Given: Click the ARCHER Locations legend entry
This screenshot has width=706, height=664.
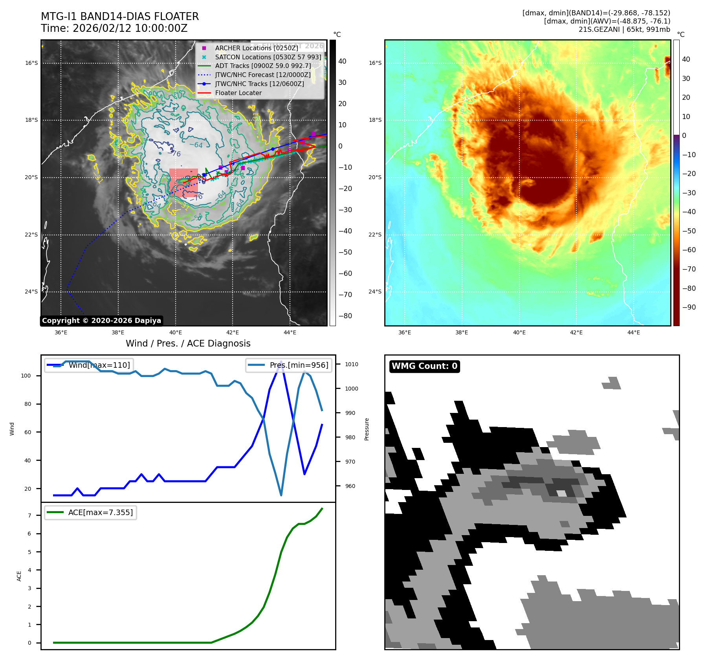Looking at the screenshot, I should pos(256,48).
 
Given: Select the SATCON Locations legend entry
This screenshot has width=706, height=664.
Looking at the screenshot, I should pos(268,57).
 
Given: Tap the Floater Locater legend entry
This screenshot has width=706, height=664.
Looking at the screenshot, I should pos(238,93).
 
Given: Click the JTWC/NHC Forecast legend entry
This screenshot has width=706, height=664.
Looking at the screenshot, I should pos(262,75).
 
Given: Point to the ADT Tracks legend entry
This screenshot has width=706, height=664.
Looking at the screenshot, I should pos(263,66).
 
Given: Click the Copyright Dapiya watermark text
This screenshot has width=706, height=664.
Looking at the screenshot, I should pos(101,321).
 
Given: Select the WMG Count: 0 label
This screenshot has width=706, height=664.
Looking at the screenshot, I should pos(424,366).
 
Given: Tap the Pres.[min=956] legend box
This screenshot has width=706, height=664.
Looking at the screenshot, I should pos(289,365).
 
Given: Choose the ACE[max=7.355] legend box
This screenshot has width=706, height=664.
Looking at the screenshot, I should pos(91,512).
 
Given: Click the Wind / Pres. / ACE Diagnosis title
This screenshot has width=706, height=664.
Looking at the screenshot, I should pos(188,343).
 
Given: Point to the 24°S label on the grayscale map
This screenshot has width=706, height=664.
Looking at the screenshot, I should pos(31,292).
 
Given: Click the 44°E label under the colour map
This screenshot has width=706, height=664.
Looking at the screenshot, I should pos(633,333).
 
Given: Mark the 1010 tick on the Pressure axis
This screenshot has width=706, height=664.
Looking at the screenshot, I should pos(352,365).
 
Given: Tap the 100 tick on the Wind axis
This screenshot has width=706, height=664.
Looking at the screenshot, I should pos(26,376).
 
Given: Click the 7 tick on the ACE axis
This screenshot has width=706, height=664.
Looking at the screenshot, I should pos(29,515).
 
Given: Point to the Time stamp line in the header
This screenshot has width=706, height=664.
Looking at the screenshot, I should pos(114,29).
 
